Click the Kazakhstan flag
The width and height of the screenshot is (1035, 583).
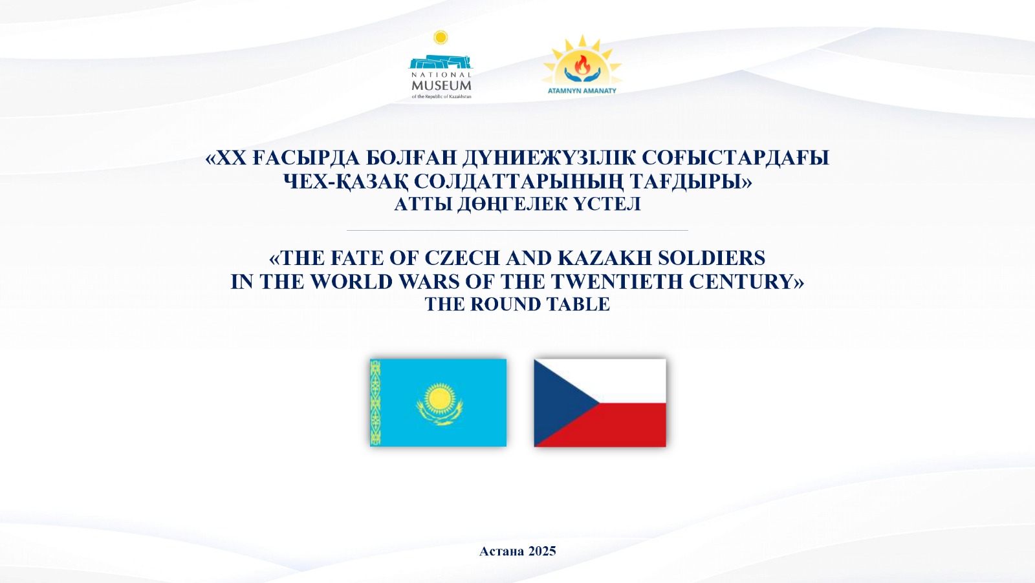tap(438, 403)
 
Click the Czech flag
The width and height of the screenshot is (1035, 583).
tap(600, 403)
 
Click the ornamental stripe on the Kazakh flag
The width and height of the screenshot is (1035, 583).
tap(375, 403)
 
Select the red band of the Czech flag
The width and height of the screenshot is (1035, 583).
tap(615, 425)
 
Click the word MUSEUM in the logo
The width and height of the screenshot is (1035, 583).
tap(441, 85)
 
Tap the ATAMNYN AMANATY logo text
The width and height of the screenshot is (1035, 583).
tap(582, 91)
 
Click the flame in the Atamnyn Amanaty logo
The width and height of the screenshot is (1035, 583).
tap(582, 64)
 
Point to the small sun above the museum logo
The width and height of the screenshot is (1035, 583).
tap(441, 37)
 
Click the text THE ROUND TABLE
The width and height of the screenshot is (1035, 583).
tap(517, 304)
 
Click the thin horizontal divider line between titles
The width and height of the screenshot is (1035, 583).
tap(517, 230)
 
